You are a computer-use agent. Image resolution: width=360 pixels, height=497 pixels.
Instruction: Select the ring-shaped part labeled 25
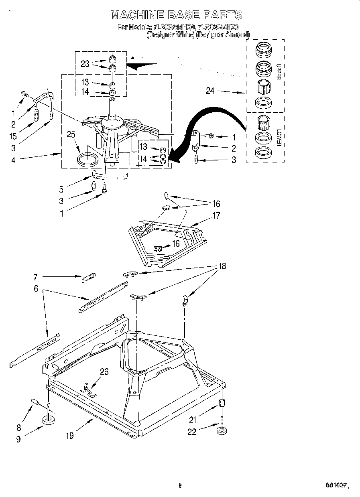(x=87, y=159)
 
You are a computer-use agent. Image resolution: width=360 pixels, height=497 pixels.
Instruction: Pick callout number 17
(x=216, y=216)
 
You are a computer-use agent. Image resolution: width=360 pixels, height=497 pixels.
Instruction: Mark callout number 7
(x=36, y=277)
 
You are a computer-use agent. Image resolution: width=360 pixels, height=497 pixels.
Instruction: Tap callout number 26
(x=104, y=372)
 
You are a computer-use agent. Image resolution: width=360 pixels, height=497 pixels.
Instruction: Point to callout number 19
(x=70, y=436)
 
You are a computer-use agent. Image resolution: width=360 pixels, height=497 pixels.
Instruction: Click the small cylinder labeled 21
(x=221, y=403)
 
